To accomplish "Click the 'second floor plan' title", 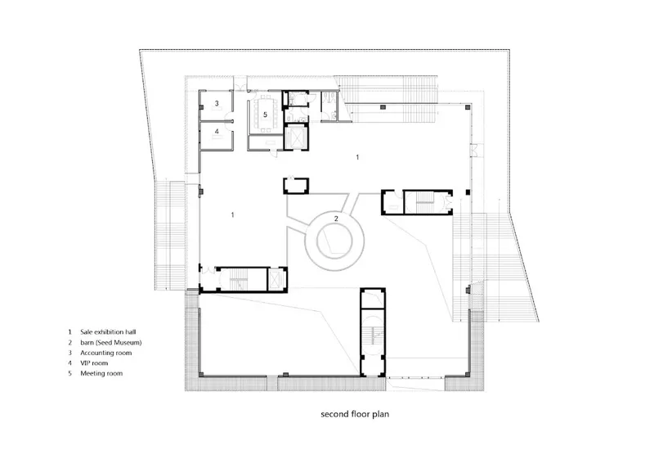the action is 355,414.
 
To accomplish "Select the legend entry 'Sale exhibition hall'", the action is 108,332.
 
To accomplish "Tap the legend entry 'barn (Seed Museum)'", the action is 111,342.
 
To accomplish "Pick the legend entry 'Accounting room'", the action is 106,353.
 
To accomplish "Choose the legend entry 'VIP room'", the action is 94,363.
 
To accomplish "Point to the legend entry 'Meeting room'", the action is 101,373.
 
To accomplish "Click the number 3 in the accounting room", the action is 217,103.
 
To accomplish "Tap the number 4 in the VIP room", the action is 217,132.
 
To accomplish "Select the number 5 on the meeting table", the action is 265,115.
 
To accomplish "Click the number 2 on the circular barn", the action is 336,218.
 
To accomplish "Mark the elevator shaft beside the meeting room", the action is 297,137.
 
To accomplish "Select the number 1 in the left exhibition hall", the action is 232,214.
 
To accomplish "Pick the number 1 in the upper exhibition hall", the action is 357,157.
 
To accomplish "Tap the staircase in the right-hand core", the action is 425,203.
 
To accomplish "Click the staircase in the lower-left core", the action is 239,279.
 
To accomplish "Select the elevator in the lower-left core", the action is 275,279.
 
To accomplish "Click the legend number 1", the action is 69,332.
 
